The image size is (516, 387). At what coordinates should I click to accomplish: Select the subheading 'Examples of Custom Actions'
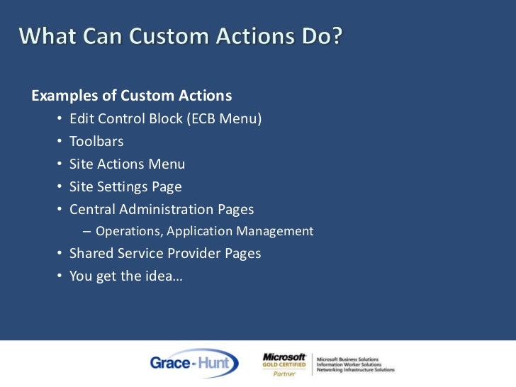pyautogui.click(x=132, y=96)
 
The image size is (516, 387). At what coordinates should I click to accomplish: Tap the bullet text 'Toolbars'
pyautogui.click(x=96, y=142)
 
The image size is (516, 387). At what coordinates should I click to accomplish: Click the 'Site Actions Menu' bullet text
pyautogui.click(x=127, y=164)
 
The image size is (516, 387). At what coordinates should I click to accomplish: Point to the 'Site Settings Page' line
pyautogui.click(x=125, y=187)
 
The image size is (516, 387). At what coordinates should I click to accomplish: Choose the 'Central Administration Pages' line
pyautogui.click(x=162, y=210)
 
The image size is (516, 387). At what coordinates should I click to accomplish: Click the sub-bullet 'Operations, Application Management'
pyautogui.click(x=204, y=231)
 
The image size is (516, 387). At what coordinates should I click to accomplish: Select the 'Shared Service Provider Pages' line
pyautogui.click(x=165, y=253)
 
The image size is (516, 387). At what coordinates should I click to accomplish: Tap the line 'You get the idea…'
pyautogui.click(x=125, y=276)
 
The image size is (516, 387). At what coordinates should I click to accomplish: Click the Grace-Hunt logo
pyautogui.click(x=193, y=363)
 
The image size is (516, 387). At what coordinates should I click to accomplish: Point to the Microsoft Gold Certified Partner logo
pyautogui.click(x=284, y=364)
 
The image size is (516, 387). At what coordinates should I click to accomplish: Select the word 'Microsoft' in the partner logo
pyautogui.click(x=284, y=357)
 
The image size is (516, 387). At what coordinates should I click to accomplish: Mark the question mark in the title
pyautogui.click(x=334, y=35)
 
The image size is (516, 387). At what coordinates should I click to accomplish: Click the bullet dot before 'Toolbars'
pyautogui.click(x=59, y=142)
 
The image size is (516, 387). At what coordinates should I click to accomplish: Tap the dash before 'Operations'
pyautogui.click(x=86, y=231)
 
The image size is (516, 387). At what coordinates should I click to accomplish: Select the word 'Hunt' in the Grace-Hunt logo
pyautogui.click(x=216, y=363)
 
